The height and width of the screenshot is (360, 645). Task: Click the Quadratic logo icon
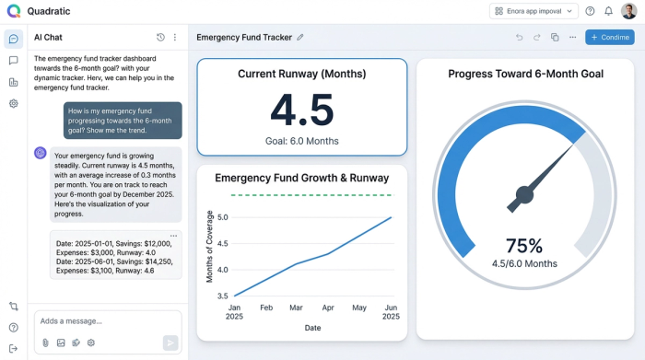13,11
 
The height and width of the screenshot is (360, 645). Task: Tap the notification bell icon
608,11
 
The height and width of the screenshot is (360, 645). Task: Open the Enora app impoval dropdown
534,11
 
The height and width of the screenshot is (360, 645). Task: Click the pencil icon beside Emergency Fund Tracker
300,38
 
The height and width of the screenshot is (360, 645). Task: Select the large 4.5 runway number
301,110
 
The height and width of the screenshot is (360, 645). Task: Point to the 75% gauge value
523,246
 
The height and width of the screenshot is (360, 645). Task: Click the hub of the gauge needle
524,194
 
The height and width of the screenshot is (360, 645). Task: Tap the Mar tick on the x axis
295,307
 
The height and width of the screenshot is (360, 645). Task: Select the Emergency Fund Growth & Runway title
301,178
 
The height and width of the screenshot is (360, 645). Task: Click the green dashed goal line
313,195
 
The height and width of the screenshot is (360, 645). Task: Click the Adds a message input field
101,321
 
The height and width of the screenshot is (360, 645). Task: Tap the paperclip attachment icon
45,343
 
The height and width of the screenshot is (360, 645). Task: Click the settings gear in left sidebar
14,104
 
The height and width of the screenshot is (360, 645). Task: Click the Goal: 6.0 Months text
301,141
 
